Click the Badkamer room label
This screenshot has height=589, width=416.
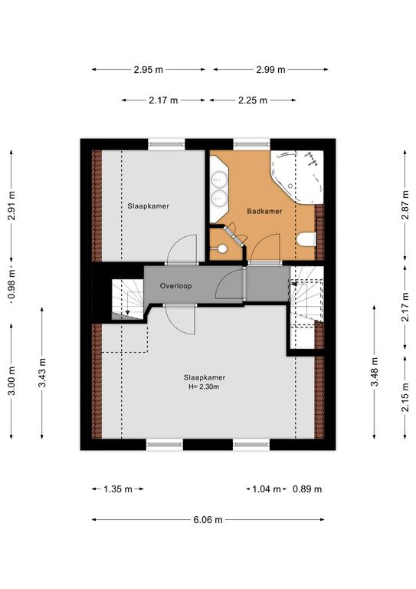pos(264,211)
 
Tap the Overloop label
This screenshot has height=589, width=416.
pos(175,286)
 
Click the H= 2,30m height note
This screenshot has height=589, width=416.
pos(204,387)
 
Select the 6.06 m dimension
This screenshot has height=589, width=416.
pos(208,520)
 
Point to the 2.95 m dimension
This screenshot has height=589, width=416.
pos(149,70)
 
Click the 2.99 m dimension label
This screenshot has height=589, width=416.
pos(270,70)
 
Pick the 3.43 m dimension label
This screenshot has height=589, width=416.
pos(42,373)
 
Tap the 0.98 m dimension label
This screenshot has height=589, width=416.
pos(11,285)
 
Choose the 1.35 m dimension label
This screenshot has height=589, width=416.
pos(118,489)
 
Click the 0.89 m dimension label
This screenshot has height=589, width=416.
pos(307,489)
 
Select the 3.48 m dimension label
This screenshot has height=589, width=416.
pos(375,372)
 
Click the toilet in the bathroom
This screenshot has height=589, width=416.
pos(306,239)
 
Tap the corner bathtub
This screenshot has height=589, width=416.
pos(296,177)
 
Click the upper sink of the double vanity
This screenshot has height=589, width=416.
pos(219,179)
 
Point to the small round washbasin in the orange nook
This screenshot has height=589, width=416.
pos(221,248)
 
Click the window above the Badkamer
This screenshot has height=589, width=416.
pos(252,144)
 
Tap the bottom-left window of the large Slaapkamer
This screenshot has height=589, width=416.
pos(164,444)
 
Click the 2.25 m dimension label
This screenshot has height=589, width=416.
pos(253,100)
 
